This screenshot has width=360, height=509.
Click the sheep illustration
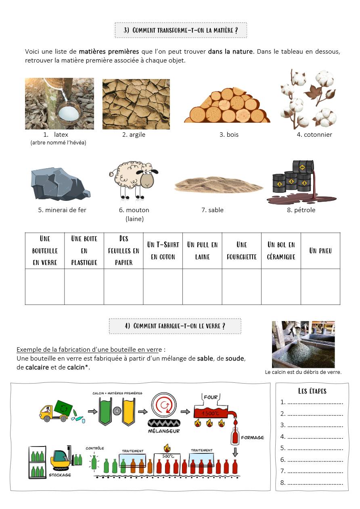click(x=133, y=181)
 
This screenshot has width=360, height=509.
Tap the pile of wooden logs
click(x=227, y=106)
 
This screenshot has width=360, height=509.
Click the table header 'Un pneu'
click(x=320, y=250)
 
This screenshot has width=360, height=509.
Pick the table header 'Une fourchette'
click(x=241, y=250)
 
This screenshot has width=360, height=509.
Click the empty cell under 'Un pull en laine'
click(x=202, y=287)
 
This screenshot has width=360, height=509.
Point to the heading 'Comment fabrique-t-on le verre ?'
click(x=175, y=326)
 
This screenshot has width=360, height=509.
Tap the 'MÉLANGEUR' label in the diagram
click(x=164, y=431)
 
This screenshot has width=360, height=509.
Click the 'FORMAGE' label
click(x=252, y=437)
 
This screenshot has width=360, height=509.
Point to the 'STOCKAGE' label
click(x=60, y=475)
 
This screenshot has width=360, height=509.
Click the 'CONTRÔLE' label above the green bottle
click(x=95, y=448)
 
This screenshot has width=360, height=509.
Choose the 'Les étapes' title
click(x=312, y=391)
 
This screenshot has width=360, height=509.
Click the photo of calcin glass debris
click(x=303, y=344)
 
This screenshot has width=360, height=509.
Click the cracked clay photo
click(x=136, y=104)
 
